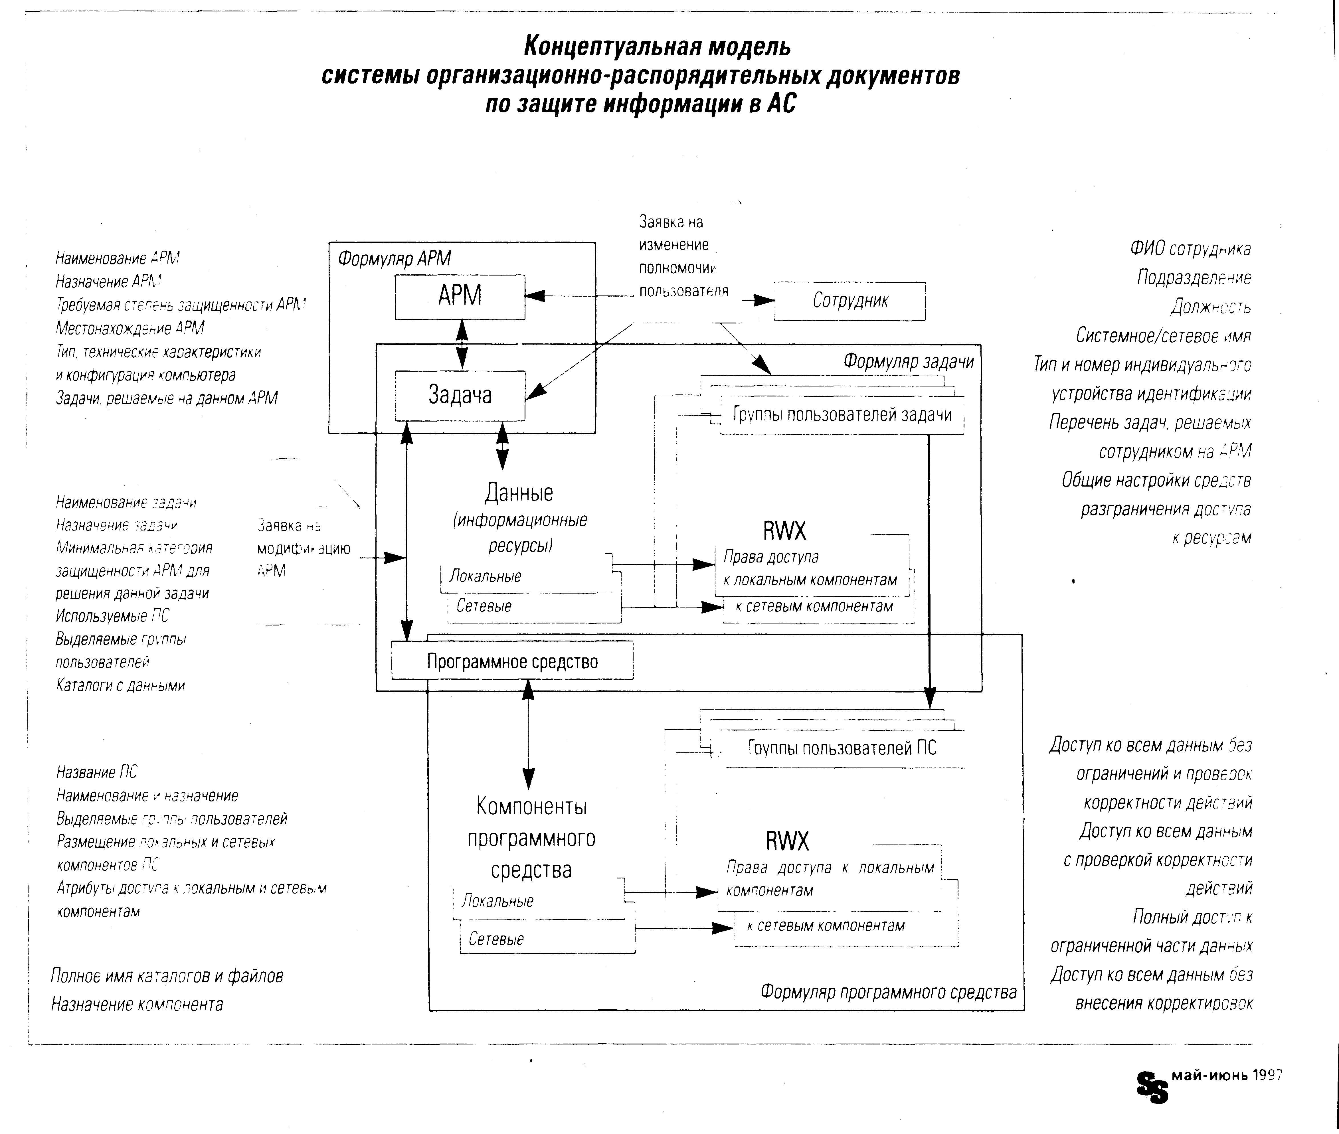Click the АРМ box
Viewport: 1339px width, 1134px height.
tap(460, 296)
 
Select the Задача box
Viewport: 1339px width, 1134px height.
tap(460, 395)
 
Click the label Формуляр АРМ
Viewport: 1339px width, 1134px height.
tap(394, 258)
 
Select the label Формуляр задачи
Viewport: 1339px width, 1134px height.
tap(908, 361)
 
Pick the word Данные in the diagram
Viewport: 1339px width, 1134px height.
tap(519, 493)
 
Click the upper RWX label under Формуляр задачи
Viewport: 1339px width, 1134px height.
tap(784, 531)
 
